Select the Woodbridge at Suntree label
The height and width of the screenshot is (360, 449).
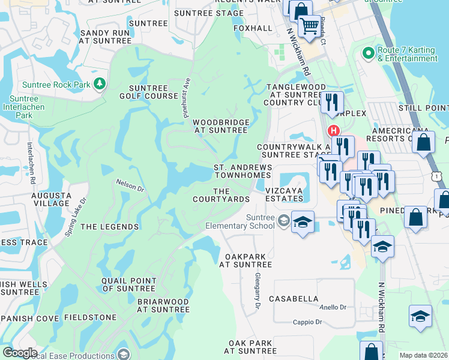pos(220,126)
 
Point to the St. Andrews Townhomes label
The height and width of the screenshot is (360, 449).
pos(243,171)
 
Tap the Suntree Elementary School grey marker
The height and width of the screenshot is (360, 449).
pos(283,221)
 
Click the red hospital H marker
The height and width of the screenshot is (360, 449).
pos(333,131)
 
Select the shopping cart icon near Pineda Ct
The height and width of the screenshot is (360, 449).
pos(309,26)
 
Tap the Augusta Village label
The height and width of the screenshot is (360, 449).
pos(51,199)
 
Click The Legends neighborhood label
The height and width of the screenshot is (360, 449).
pos(110,227)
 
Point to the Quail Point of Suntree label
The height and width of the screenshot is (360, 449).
pos(129,284)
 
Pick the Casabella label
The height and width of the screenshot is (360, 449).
pos(294,298)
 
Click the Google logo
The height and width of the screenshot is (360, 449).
pos(20,352)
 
